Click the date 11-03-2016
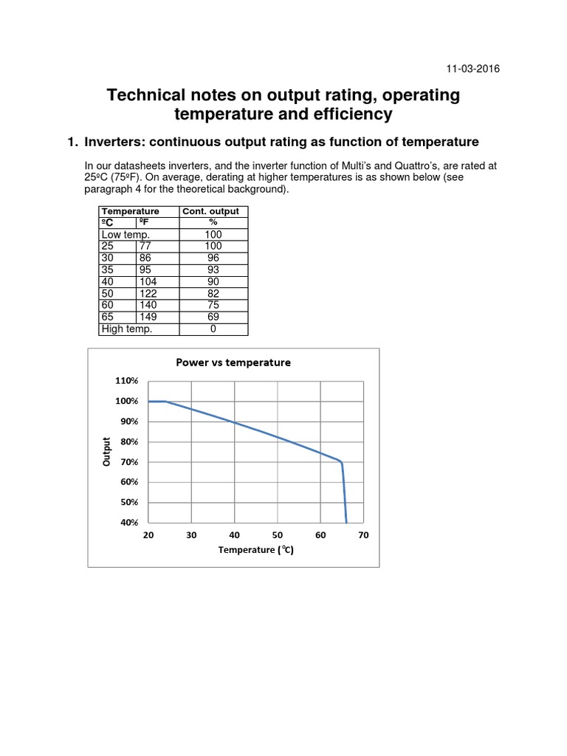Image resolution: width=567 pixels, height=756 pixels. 472,69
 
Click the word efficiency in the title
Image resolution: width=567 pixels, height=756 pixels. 346,114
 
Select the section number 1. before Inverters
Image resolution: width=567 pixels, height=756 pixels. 72,142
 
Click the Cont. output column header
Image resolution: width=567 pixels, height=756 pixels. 213,212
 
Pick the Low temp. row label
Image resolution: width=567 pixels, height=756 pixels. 126,235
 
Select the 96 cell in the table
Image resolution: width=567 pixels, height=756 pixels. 213,258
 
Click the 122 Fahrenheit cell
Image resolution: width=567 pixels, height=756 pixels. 148,294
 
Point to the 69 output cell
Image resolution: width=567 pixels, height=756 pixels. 213,317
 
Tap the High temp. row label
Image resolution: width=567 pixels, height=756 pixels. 127,329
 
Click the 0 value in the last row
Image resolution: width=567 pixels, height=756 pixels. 213,329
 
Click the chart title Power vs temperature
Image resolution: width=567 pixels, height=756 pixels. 233,362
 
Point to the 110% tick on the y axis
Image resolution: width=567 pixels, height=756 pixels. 127,381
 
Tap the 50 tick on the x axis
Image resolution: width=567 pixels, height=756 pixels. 278,536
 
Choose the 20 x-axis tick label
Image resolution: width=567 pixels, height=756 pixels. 148,536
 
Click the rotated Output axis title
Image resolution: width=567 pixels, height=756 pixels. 107,452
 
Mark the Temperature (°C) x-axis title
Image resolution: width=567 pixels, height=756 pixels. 255,550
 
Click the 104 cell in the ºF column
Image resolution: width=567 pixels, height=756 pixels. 148,282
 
